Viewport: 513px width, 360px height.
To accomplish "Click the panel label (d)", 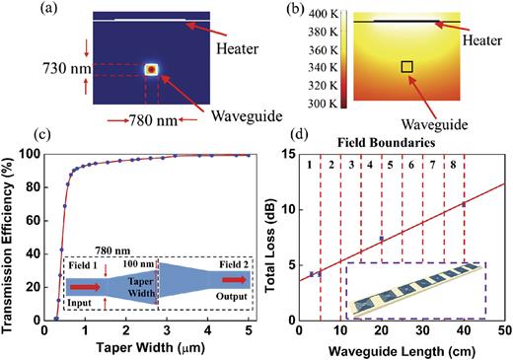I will pos(327,132).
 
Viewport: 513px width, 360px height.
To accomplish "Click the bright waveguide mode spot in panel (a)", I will pos(151,70).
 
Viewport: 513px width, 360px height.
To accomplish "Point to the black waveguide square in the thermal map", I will pos(405,66).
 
